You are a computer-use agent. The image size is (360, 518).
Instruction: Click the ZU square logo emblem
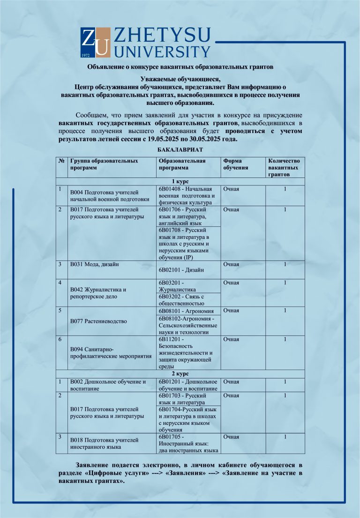(x=96, y=43)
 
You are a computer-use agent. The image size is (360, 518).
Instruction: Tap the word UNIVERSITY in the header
(x=162, y=51)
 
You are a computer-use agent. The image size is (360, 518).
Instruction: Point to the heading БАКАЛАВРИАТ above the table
(x=180, y=149)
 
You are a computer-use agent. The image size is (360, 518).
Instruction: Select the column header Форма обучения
(x=236, y=164)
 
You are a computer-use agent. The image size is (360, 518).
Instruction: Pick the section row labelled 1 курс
(x=180, y=181)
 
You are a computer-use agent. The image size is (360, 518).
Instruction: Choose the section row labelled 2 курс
(x=180, y=373)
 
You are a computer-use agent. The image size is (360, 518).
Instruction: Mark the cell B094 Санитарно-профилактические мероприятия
(x=110, y=353)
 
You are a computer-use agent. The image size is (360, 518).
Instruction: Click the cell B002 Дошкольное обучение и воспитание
(x=108, y=385)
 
